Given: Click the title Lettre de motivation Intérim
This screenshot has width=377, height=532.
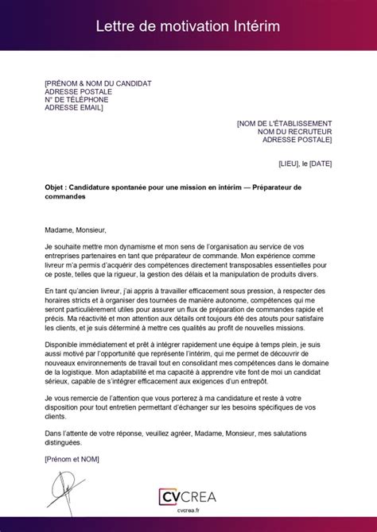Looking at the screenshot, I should pos(188,26).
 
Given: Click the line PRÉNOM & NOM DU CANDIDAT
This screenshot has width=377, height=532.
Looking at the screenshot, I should pos(98,83).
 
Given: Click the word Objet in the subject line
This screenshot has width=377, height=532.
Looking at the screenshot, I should pos(56,187).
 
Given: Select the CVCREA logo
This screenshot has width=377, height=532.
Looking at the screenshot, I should pos(188,495).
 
